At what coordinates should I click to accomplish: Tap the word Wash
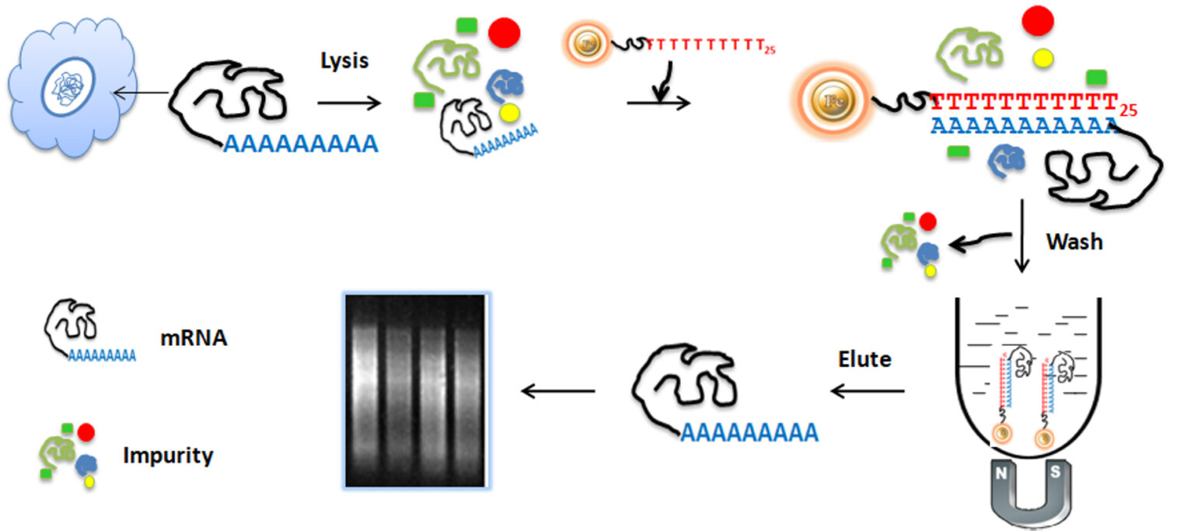(x=1074, y=241)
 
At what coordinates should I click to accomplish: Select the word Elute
(x=864, y=360)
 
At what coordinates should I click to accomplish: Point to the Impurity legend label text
(x=168, y=456)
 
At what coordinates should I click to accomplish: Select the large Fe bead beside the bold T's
(x=828, y=102)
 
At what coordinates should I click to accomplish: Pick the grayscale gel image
(x=417, y=391)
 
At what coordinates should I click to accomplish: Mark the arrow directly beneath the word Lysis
(x=350, y=102)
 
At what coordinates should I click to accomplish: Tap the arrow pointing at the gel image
(x=557, y=390)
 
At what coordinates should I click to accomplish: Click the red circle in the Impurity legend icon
(x=86, y=431)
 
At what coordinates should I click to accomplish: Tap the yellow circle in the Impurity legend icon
(x=89, y=482)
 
